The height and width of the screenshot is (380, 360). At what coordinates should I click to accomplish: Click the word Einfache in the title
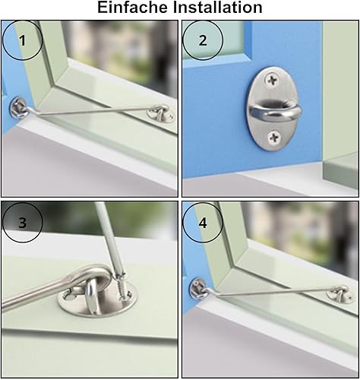[132, 8]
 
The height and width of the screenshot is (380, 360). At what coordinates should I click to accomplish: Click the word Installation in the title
[218, 8]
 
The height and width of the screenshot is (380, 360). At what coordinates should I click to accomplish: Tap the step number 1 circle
[22, 40]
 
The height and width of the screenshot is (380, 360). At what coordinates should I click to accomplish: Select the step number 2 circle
[203, 40]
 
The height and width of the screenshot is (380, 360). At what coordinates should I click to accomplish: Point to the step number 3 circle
[22, 223]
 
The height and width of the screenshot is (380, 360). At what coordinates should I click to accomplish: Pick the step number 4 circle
[203, 223]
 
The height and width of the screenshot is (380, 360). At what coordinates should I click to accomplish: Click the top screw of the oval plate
[272, 81]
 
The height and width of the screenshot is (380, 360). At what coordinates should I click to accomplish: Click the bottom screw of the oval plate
[274, 138]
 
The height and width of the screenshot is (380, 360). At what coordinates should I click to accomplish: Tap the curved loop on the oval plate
[275, 113]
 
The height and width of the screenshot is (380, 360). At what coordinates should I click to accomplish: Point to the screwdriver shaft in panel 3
[108, 238]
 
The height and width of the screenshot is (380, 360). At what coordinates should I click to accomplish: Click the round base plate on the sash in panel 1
[161, 115]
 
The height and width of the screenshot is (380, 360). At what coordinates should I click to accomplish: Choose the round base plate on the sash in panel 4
[340, 296]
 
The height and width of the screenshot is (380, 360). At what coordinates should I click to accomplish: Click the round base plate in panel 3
[97, 301]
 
